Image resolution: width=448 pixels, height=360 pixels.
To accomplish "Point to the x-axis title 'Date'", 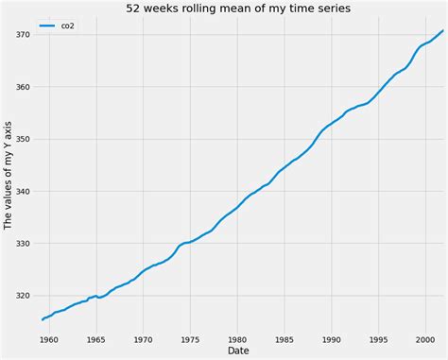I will (240, 351).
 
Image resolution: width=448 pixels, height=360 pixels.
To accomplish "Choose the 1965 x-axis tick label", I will (95, 337).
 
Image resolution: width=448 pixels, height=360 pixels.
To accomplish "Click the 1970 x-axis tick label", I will (143, 337).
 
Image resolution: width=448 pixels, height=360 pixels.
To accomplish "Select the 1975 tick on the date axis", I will (189, 337).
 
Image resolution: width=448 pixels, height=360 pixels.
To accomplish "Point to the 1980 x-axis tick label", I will (236, 337).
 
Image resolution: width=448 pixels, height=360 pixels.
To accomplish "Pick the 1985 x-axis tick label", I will (284, 337).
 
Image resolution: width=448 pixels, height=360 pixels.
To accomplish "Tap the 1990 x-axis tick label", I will (331, 337).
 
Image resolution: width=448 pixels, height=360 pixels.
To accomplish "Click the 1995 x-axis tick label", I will (378, 337).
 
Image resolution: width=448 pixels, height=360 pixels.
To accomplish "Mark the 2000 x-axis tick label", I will (424, 337).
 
